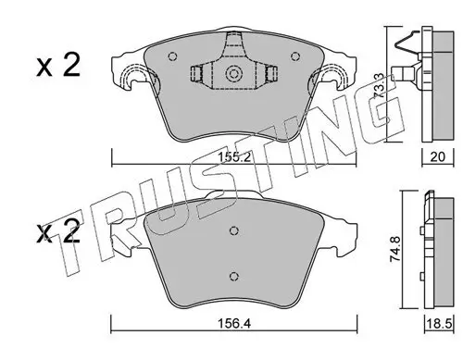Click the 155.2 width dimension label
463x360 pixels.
[x=234, y=157]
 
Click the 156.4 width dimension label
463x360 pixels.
[x=234, y=324]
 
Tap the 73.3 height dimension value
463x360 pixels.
[x=379, y=85]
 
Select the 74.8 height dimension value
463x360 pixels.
[x=395, y=249]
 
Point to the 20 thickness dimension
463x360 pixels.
[x=438, y=157]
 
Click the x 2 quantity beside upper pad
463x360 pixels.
[x=58, y=66]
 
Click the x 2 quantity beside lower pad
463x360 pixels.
[x=58, y=232]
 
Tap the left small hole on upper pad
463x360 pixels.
[x=173, y=56]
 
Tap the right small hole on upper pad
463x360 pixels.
[x=295, y=56]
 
